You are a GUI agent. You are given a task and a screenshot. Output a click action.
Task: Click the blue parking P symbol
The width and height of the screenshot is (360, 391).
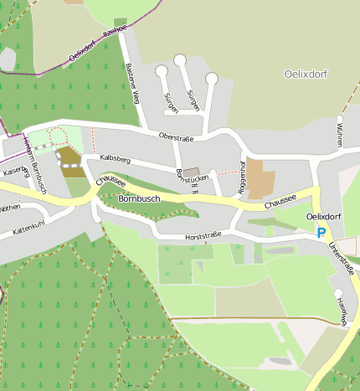pos(321,234)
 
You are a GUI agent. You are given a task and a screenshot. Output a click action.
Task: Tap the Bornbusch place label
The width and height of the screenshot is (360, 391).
pos(139,199)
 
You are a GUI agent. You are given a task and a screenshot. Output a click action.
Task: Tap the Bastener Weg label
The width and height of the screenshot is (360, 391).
pos(131,86)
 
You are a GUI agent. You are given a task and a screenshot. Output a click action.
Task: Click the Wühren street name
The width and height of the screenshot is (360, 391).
pos(338,134)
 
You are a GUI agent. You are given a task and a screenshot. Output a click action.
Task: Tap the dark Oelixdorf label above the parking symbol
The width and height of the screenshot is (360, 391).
pos(322,217)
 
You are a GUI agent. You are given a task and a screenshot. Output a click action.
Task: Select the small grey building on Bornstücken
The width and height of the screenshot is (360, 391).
pos(192,172)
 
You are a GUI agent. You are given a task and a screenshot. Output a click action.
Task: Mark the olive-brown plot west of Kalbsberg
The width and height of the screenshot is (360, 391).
pos(69,157)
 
